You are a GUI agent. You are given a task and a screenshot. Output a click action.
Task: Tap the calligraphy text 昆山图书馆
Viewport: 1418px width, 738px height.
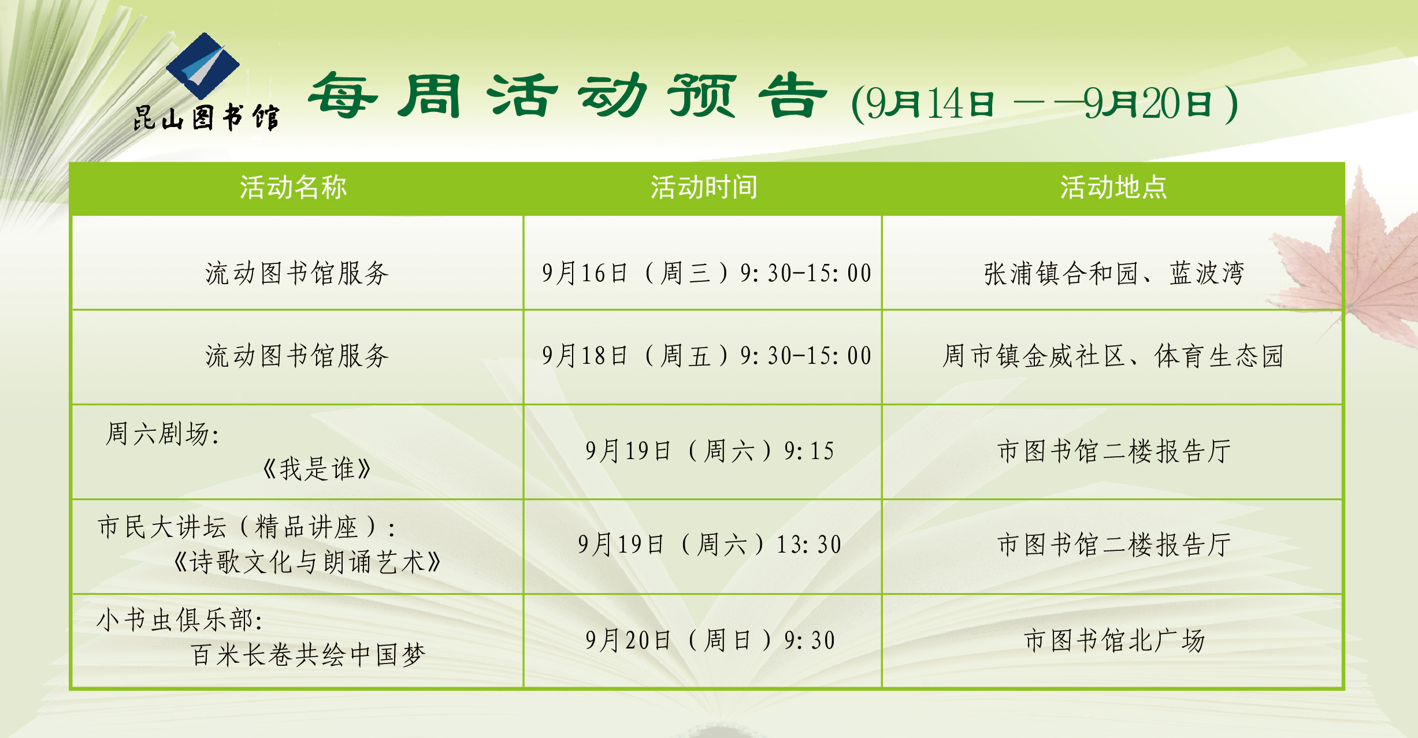tap(206, 118)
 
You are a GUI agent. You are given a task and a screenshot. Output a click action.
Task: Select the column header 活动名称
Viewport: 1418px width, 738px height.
tap(294, 188)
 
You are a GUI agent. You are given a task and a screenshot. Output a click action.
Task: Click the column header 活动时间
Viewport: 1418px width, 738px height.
tap(704, 188)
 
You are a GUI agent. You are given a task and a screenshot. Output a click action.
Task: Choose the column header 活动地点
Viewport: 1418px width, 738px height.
tap(1113, 188)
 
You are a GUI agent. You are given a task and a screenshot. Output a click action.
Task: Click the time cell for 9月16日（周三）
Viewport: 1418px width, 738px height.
tap(706, 273)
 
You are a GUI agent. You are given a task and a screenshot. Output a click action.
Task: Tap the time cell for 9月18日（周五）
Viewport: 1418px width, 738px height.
tap(706, 356)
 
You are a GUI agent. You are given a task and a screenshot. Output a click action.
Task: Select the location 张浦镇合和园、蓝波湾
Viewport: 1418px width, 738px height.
tap(1114, 273)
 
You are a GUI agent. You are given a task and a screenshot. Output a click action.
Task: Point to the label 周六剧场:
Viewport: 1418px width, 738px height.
tap(162, 434)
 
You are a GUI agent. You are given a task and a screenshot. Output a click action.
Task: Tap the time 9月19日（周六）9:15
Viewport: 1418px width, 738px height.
tap(710, 451)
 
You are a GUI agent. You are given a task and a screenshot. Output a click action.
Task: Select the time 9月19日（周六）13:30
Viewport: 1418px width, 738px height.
tap(710, 545)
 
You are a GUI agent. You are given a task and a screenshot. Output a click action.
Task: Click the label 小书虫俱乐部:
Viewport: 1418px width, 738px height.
tap(180, 620)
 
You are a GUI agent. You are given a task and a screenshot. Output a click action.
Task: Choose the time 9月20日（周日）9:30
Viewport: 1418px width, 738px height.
tap(710, 640)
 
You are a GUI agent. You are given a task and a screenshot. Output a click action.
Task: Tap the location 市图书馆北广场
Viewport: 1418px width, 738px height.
tap(1115, 640)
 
